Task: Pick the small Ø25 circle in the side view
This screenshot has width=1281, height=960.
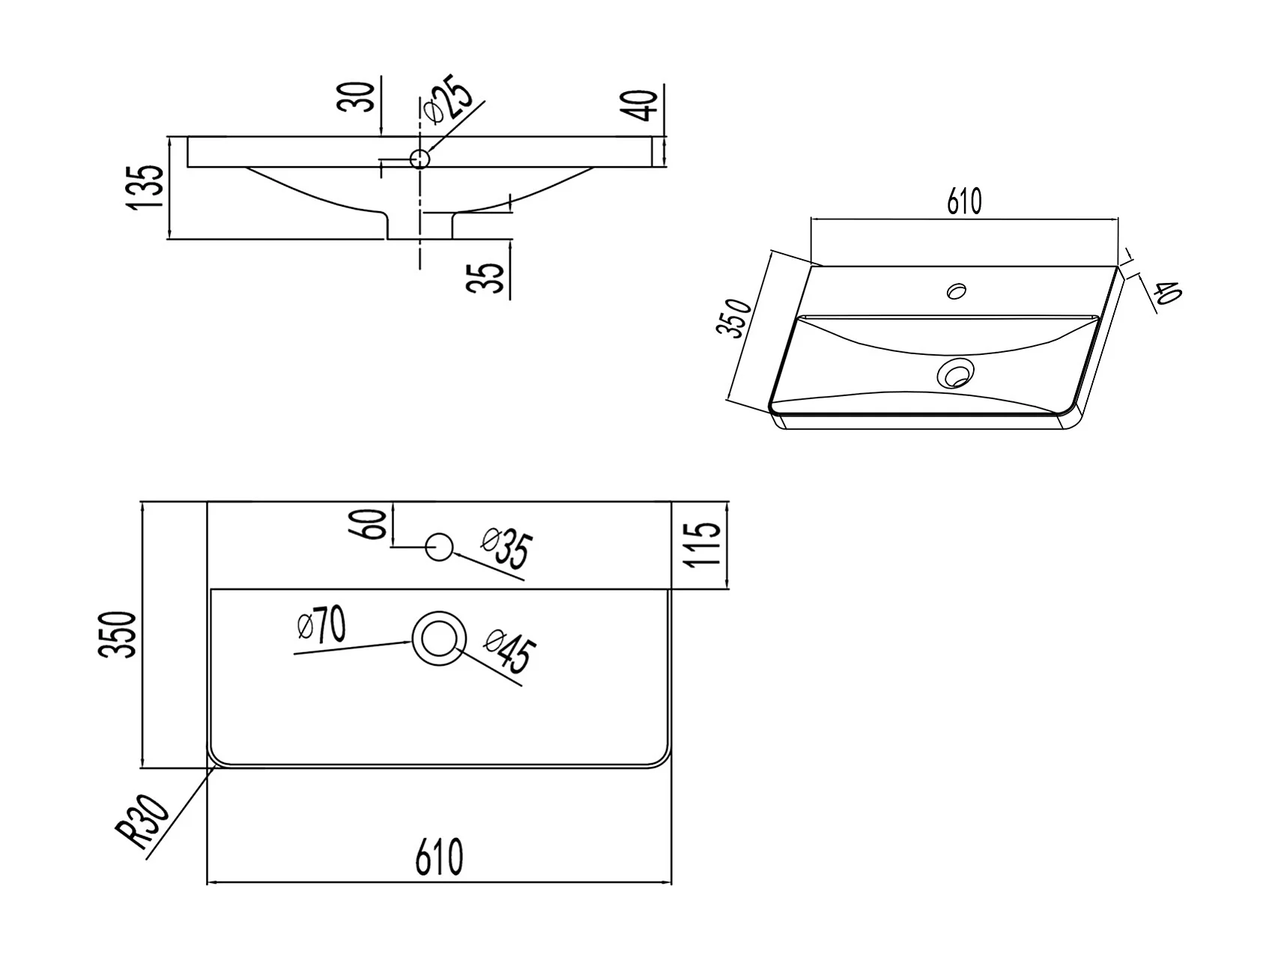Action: [x=420, y=159]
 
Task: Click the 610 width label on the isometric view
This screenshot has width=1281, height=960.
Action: [x=964, y=201]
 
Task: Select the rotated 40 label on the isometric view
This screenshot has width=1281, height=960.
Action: [x=1167, y=291]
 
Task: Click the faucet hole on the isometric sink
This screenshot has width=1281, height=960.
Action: [x=957, y=290]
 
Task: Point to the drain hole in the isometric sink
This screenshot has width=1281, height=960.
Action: [x=956, y=372]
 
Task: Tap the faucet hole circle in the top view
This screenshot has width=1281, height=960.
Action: [x=439, y=547]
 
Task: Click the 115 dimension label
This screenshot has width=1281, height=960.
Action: [x=704, y=544]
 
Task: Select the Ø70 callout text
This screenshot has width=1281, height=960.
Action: [x=321, y=626]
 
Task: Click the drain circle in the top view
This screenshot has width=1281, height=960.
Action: [x=439, y=638]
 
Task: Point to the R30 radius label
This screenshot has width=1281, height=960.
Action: [x=142, y=823]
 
